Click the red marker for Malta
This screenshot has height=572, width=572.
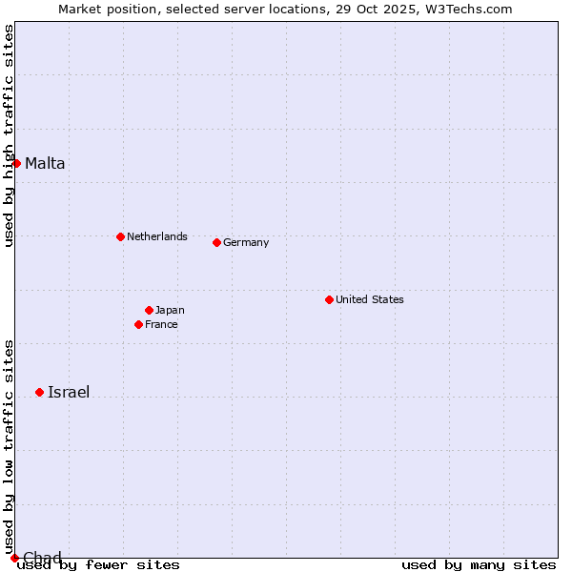tap(16, 163)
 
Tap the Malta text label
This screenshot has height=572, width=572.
tap(45, 163)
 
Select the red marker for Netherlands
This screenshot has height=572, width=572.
tap(120, 236)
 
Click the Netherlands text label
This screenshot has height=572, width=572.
tap(156, 236)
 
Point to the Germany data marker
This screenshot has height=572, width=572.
tap(216, 242)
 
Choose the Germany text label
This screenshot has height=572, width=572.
tap(246, 242)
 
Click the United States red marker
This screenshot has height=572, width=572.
tap(329, 299)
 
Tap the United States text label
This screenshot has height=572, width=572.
tap(369, 299)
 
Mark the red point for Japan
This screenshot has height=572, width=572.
tap(149, 310)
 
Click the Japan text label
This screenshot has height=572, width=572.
tap(170, 310)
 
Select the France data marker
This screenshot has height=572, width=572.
tap(138, 324)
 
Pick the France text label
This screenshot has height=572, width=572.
tap(161, 324)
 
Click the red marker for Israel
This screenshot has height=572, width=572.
tap(39, 392)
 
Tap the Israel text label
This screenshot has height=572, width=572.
tap(69, 392)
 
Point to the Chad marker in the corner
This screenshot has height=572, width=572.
tap(14, 558)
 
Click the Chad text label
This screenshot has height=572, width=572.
tap(42, 558)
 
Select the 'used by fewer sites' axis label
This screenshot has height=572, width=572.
tap(99, 565)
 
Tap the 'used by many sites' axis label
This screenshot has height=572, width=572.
tap(479, 565)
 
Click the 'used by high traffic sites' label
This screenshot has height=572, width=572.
tap(9, 135)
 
